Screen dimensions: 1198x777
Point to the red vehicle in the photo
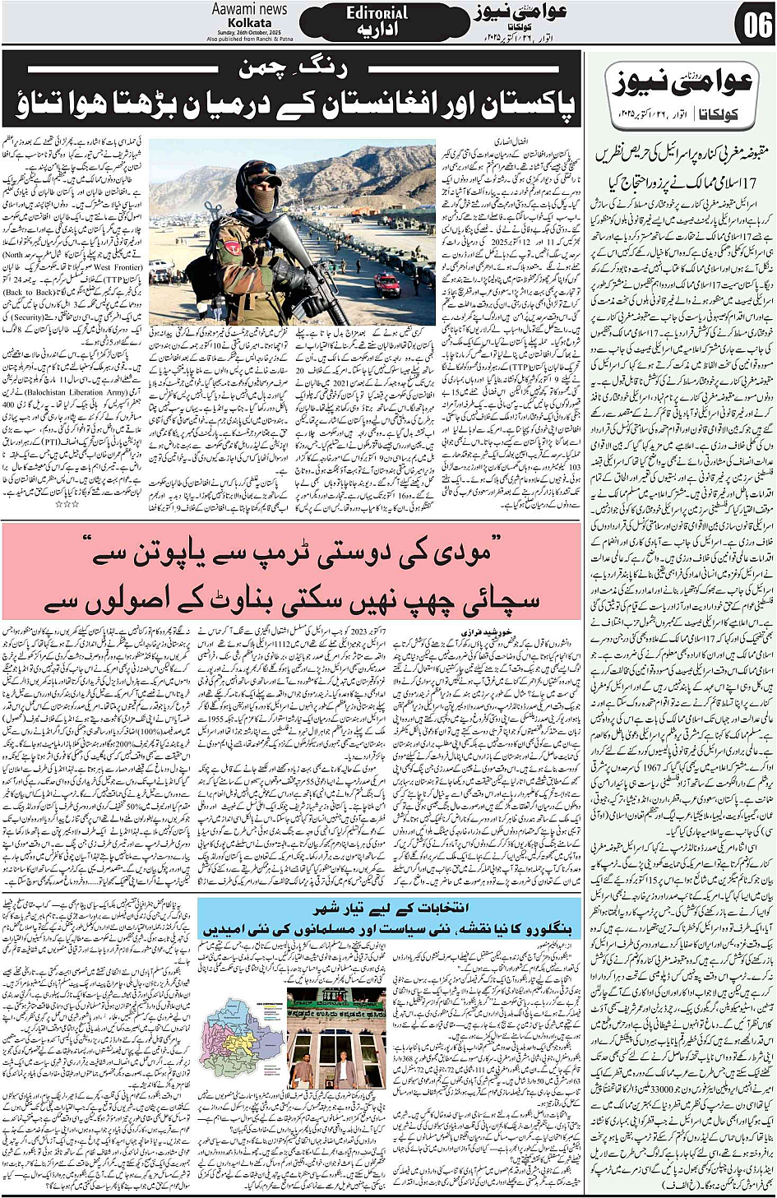(387, 284)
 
